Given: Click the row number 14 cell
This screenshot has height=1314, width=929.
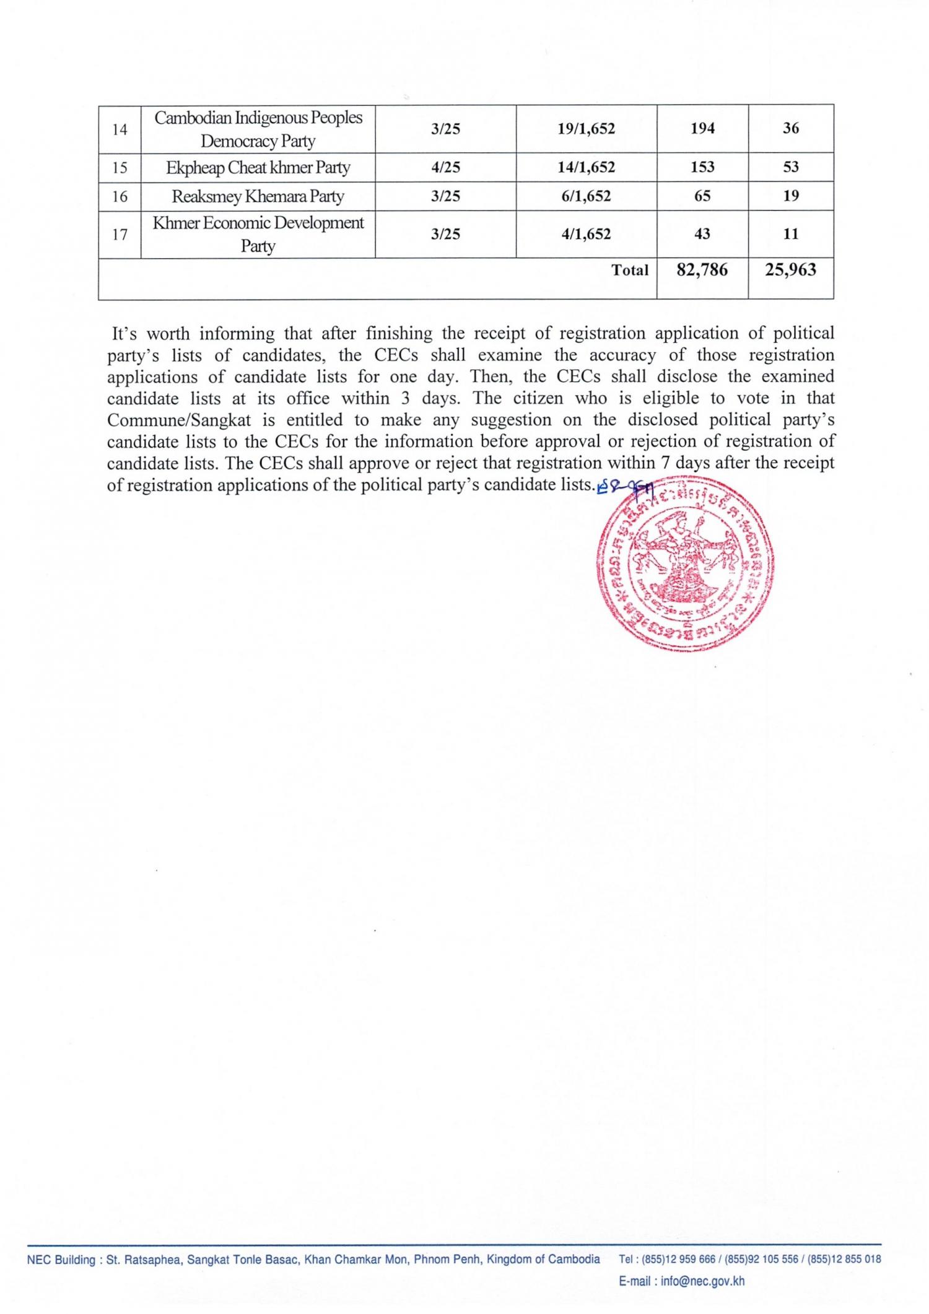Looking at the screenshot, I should (120, 129).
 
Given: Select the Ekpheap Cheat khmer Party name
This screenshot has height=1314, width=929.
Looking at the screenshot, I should (258, 167).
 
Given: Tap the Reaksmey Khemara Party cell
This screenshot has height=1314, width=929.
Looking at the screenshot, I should (258, 196).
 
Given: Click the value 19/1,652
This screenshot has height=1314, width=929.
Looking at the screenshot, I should (586, 129).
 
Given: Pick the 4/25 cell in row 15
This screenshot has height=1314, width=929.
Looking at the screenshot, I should (445, 167).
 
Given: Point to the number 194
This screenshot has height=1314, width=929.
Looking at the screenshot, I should (702, 129).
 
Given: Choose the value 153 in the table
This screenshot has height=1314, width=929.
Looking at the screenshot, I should (702, 167).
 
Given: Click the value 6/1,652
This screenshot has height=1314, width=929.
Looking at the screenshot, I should (586, 196).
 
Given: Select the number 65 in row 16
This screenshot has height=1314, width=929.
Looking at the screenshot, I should (702, 196).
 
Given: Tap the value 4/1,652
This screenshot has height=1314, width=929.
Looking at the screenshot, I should (586, 234).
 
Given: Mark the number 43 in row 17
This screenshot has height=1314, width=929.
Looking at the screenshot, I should (702, 234).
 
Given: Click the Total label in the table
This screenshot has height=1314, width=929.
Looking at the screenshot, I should (630, 270).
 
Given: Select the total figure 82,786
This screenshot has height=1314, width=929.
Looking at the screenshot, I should (702, 270).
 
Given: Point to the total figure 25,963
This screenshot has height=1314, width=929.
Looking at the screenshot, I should (790, 270).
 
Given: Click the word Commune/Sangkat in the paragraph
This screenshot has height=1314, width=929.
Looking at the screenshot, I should (179, 420).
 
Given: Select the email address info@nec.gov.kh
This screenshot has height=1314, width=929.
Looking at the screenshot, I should (702, 1281).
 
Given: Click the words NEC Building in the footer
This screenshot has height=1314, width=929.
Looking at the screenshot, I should (61, 1259).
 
